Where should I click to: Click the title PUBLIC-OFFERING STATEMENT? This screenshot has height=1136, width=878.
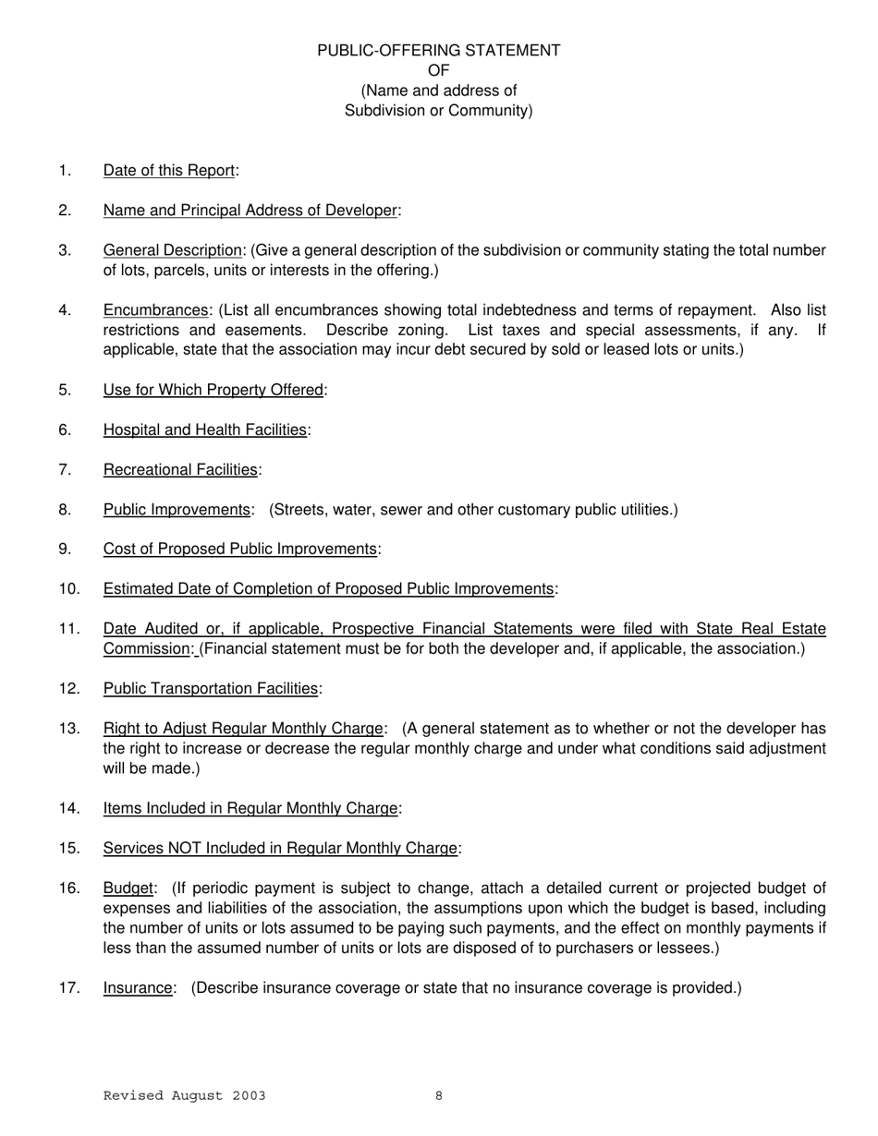pyautogui.click(x=438, y=51)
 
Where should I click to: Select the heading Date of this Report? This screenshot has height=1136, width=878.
pyautogui.click(x=170, y=171)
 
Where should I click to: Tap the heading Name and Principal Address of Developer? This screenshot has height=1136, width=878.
pyautogui.click(x=250, y=211)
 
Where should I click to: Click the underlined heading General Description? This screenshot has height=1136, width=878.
pyautogui.click(x=172, y=250)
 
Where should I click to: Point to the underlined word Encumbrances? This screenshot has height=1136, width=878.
pyautogui.click(x=155, y=310)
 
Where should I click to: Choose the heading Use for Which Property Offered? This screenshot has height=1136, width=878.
pyautogui.click(x=213, y=390)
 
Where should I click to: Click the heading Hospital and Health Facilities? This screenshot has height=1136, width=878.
pyautogui.click(x=204, y=429)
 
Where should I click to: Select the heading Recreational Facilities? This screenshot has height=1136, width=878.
pyautogui.click(x=180, y=470)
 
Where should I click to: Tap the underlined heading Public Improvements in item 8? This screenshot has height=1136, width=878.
pyautogui.click(x=177, y=510)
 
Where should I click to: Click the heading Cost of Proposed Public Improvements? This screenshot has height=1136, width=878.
pyautogui.click(x=240, y=550)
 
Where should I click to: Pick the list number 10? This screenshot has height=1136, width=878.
pyautogui.click(x=69, y=589)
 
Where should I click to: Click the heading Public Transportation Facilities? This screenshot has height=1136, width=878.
pyautogui.click(x=211, y=689)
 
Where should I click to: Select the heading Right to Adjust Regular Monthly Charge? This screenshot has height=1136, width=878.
pyautogui.click(x=244, y=729)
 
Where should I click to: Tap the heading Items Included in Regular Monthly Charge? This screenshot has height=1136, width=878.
pyautogui.click(x=250, y=808)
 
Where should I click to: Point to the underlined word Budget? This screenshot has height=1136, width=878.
pyautogui.click(x=128, y=888)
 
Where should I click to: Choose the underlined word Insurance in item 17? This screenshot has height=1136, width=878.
pyautogui.click(x=138, y=988)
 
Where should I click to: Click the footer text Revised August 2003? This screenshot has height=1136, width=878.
pyautogui.click(x=184, y=1096)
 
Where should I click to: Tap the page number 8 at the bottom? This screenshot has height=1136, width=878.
pyautogui.click(x=439, y=1096)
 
